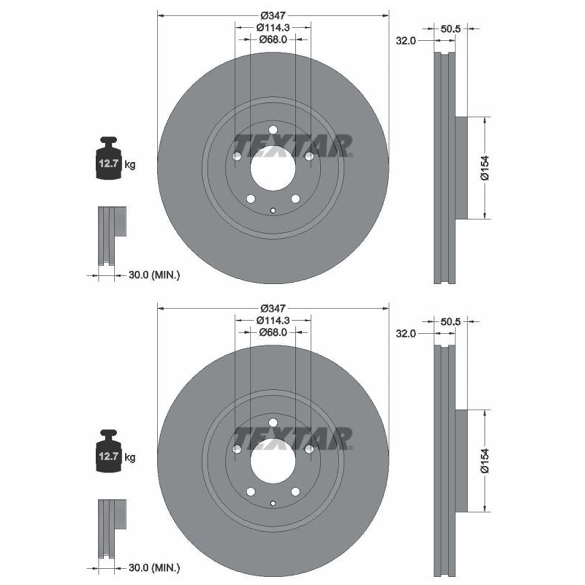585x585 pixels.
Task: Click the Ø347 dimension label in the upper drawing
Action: pos(273,16)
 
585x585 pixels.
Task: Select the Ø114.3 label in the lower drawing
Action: pos(273,320)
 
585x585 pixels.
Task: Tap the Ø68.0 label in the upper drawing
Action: pos(273,39)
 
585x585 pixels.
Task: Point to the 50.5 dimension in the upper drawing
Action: pos(450,29)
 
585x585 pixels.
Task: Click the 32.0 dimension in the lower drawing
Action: pos(406,333)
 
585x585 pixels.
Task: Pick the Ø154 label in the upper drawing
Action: pos(484,168)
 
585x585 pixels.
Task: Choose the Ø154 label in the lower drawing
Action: pos(484,461)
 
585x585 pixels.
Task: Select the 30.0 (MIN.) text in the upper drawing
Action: pos(154,275)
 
